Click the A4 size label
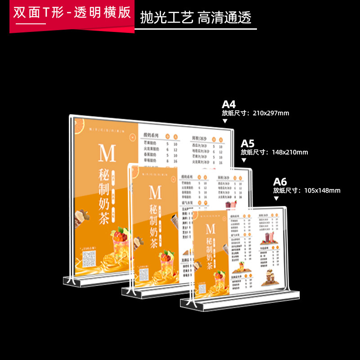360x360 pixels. pos(229,104)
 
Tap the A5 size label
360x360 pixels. pos(247,144)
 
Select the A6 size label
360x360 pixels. pos(280,182)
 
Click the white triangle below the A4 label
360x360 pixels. pos(225,121)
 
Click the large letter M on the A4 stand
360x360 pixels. pos(107,154)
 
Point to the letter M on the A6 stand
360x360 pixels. pos(210,229)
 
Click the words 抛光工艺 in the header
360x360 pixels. pos(167,18)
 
